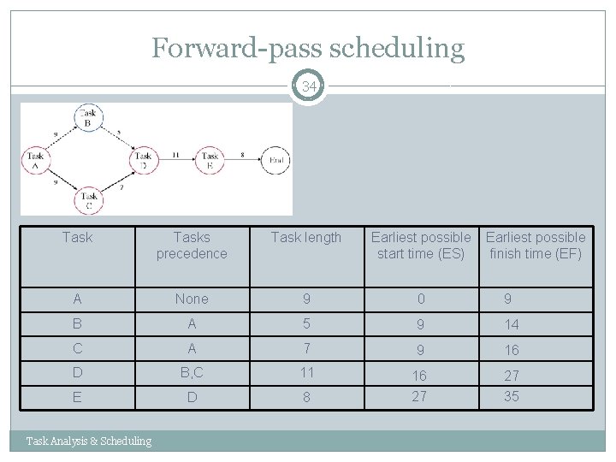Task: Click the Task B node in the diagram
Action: (88, 117)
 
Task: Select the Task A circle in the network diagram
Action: (35, 160)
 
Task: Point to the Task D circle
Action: (143, 160)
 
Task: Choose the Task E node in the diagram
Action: (210, 160)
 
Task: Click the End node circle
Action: (276, 160)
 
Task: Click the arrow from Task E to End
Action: (243, 159)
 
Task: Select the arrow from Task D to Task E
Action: (176, 159)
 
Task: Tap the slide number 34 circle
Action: (309, 86)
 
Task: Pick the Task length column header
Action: (306, 237)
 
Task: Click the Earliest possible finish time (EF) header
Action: (536, 245)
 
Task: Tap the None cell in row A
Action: (191, 299)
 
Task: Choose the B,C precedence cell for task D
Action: (191, 373)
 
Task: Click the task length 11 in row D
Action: (305, 373)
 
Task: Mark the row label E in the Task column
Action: (78, 397)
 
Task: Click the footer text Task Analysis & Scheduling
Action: (89, 441)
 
